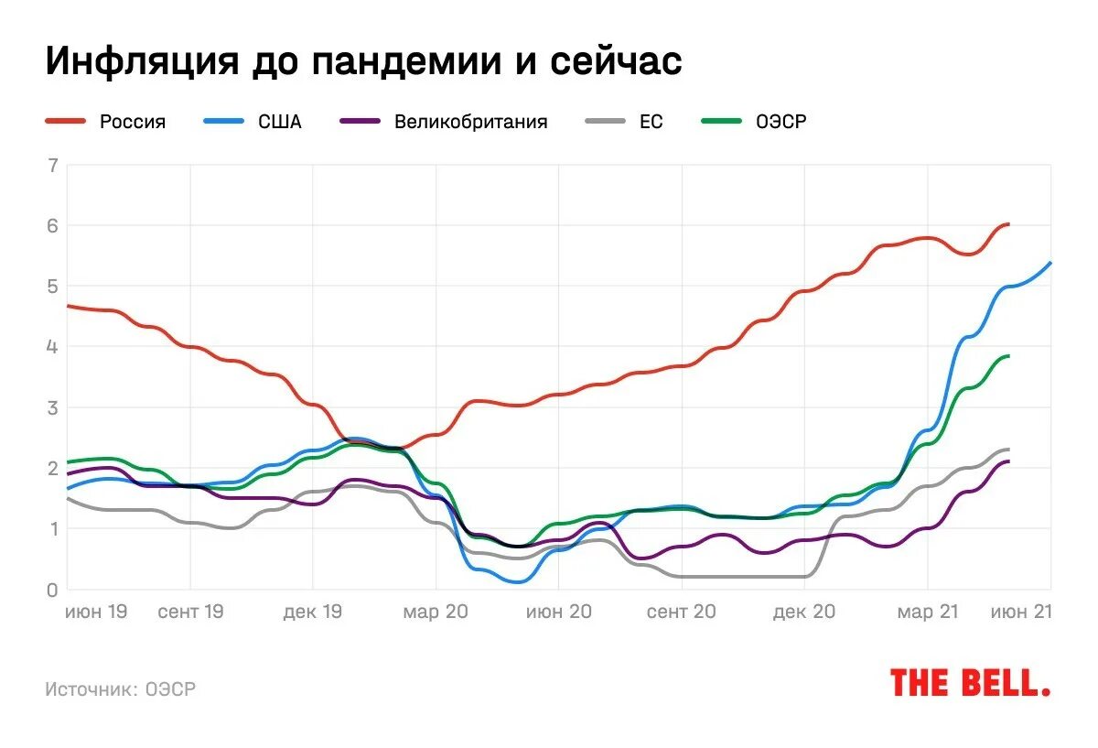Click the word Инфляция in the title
pos(138,62)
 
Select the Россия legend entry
pos(133,122)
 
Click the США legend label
pos(279,122)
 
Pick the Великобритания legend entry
pos(470,122)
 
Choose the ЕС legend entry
pos(651,122)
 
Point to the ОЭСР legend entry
pos(780,122)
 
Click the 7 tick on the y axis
pos(53,166)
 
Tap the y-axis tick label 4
pos(53,347)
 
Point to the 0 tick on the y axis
pos(53,590)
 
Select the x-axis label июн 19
pos(96,612)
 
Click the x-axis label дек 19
pos(313,612)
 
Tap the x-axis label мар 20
pos(436,612)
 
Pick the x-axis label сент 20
pos(681,612)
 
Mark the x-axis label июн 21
pos(1021,612)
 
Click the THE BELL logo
pos(970,683)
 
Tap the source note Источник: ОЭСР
pos(121,689)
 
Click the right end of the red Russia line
pos(1008,224)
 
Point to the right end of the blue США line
pos(1050,263)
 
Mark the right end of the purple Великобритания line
pos(1008,461)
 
